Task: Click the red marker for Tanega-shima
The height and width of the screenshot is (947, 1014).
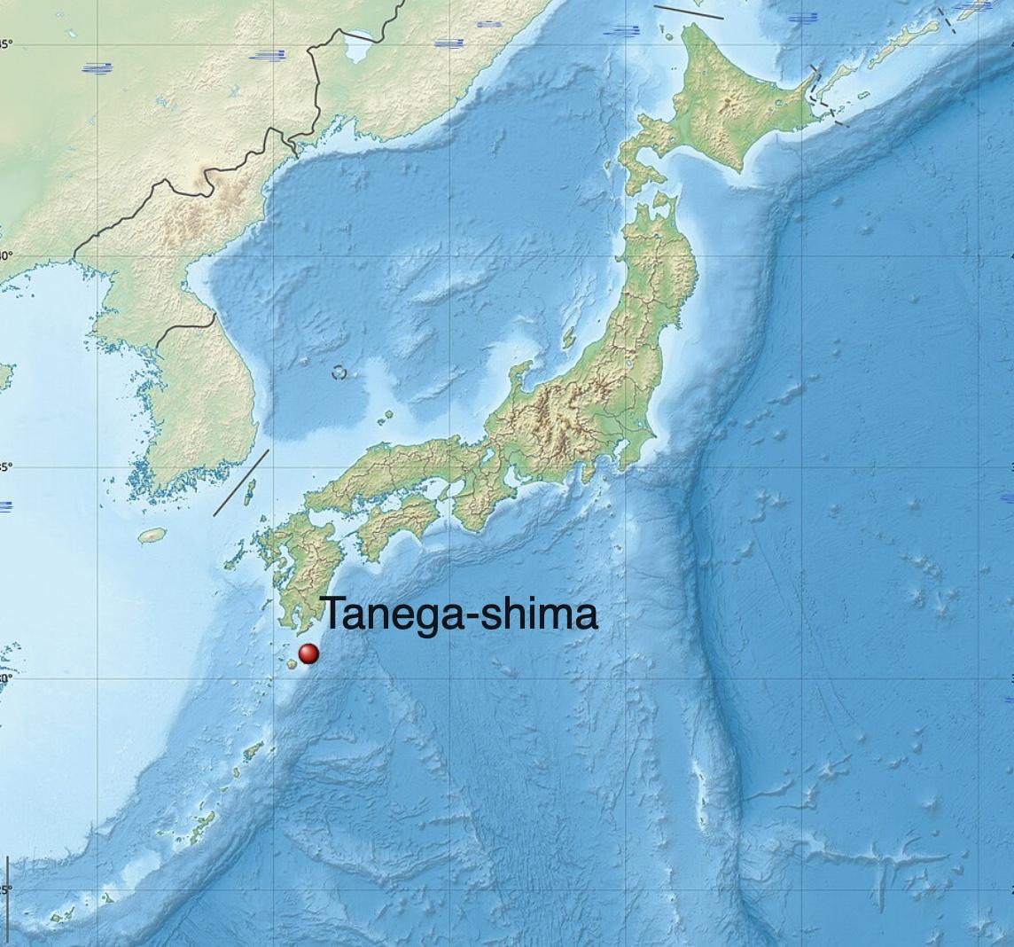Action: point(308,654)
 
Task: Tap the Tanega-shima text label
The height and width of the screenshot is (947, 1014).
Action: point(458,614)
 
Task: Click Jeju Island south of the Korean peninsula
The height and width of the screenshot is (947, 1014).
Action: point(152,536)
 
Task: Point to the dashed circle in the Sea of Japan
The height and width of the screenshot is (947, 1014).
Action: point(339,372)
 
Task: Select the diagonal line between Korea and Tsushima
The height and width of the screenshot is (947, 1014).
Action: point(241,482)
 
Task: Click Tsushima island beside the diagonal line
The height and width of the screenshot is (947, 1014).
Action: point(250,490)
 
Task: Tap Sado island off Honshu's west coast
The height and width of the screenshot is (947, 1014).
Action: point(569,339)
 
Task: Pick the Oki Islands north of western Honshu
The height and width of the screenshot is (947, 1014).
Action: point(387,414)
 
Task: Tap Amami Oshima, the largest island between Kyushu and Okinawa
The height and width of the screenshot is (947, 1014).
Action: point(253,752)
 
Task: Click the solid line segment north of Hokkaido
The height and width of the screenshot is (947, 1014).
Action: point(689,12)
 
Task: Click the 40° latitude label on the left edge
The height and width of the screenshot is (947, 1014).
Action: point(5,255)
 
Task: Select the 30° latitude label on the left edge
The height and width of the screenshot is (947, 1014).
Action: point(5,678)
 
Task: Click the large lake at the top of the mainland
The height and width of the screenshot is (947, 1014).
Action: point(359,46)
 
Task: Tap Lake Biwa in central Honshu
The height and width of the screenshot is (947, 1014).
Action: point(487,458)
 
